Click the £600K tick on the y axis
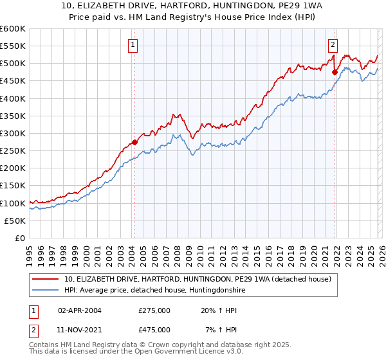(13, 29)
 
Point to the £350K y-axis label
(13, 116)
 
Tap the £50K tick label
(15, 221)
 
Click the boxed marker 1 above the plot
(133, 45)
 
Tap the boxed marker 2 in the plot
(333, 45)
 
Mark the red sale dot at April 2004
(134, 142)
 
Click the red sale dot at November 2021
(335, 73)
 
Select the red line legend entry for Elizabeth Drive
(198, 279)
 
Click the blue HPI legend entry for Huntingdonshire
(154, 291)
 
